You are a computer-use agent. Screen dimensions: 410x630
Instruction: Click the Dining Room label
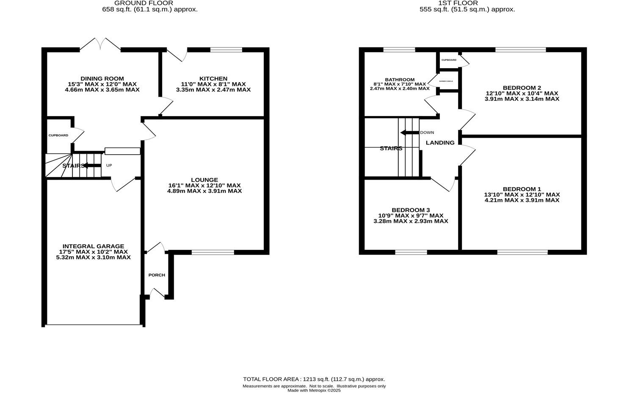tap(102, 78)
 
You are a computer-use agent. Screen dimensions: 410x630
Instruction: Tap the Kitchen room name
tap(213, 78)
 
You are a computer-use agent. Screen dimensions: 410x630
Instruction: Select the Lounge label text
tap(204, 180)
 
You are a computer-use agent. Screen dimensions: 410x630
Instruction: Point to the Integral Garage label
tap(93, 246)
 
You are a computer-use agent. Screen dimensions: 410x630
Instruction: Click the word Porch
tap(157, 275)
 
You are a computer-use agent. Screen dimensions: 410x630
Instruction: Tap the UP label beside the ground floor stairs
tap(109, 165)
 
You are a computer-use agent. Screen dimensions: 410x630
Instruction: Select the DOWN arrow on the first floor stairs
tap(409, 133)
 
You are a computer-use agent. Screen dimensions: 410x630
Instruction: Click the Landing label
tap(440, 143)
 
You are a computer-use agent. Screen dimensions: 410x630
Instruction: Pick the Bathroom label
tap(400, 80)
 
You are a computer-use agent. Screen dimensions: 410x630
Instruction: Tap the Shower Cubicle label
tap(446, 81)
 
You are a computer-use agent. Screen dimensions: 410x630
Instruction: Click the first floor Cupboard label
tap(449, 60)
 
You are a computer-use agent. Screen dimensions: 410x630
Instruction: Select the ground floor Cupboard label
tap(58, 136)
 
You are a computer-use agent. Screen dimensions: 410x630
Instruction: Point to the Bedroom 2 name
tap(522, 88)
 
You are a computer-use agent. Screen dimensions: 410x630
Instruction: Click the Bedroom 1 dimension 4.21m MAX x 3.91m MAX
tap(522, 200)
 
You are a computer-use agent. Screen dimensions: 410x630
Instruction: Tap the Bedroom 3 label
tap(411, 210)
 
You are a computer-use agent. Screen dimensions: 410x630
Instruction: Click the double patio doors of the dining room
tap(100, 44)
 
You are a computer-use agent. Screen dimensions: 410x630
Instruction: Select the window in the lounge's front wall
tap(213, 252)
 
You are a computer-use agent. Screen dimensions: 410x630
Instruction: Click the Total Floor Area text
tap(314, 379)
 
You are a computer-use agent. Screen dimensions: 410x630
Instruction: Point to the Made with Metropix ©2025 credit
tap(314, 391)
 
